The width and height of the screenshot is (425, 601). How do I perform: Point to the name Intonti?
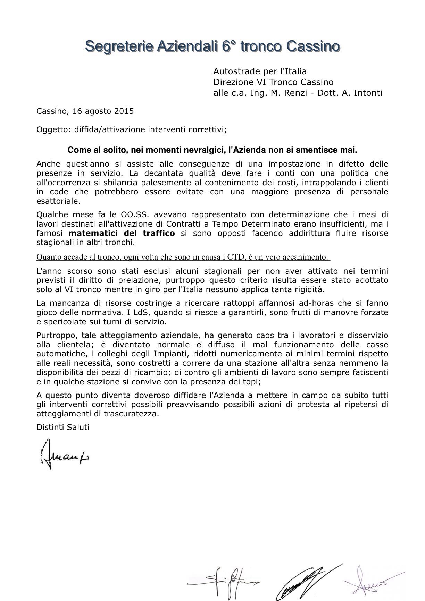click(368, 93)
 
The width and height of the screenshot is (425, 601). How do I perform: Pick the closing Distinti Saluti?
click(63, 428)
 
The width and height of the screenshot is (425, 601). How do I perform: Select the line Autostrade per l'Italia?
click(260, 71)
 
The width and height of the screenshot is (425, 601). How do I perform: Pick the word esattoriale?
click(58, 201)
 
